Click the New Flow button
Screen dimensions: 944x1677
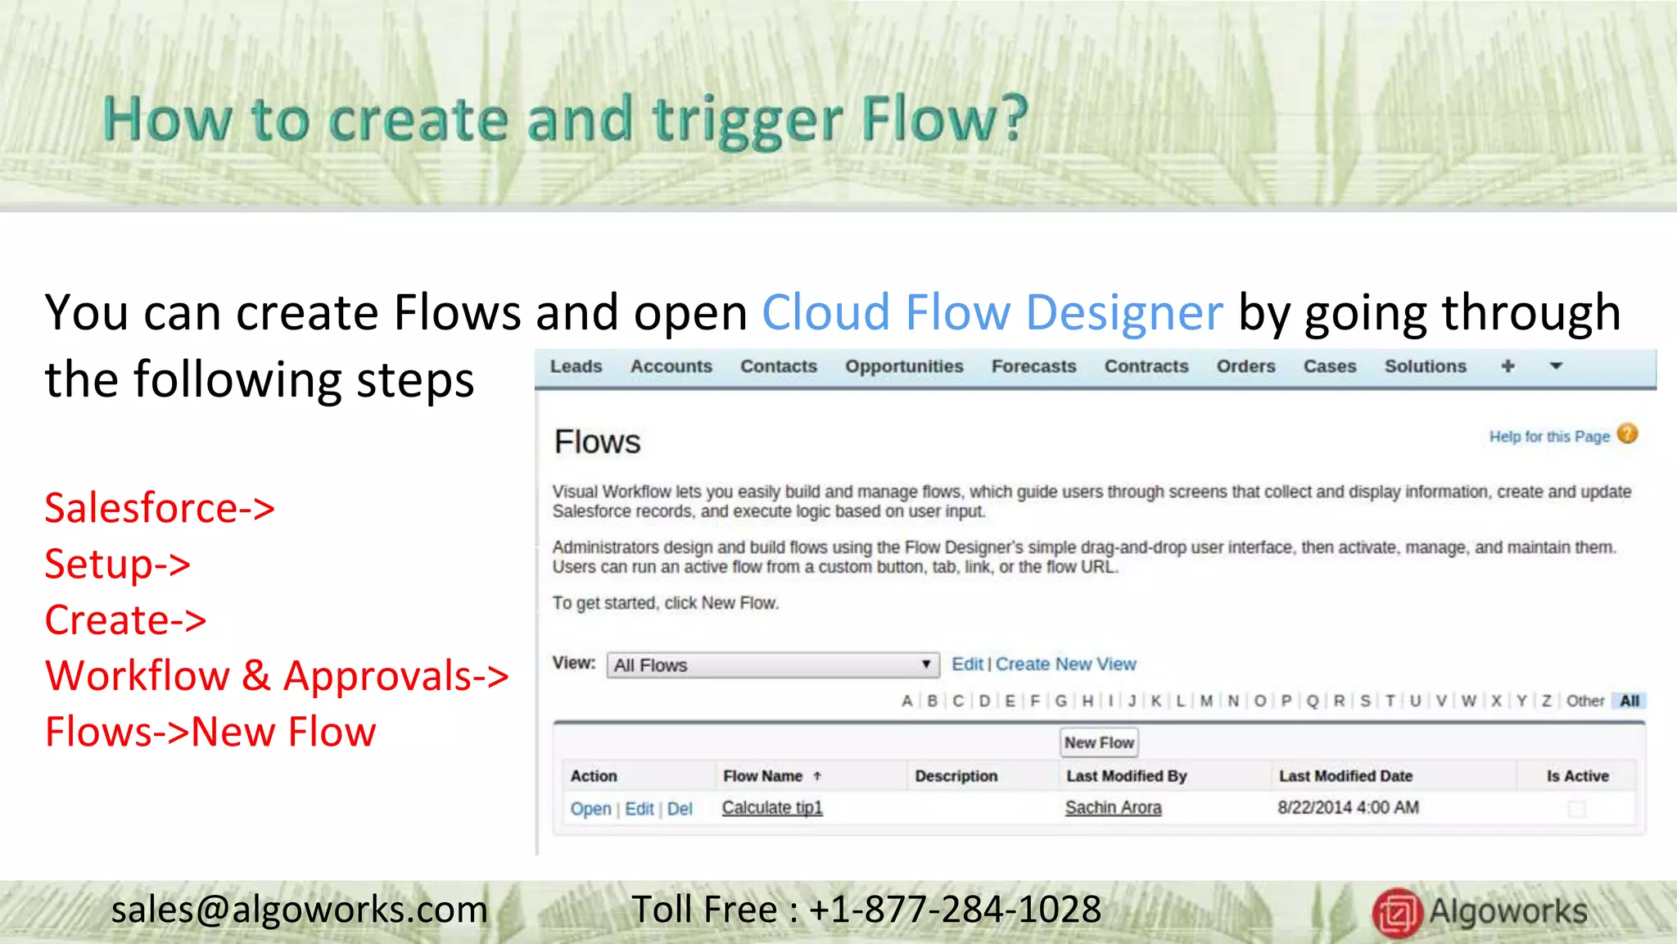point(1099,742)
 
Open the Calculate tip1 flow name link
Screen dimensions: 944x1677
point(771,808)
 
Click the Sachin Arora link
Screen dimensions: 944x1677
point(1113,808)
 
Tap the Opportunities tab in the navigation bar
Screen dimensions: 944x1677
point(904,366)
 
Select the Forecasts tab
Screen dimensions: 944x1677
point(1033,366)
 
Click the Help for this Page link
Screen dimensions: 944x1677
point(1548,437)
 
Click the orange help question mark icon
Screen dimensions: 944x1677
point(1628,433)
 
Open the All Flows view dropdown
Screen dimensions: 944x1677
point(772,665)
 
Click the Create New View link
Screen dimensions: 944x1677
point(1065,664)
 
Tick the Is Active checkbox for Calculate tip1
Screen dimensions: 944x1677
point(1576,810)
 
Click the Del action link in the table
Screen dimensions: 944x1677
point(680,809)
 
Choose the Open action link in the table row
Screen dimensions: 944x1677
point(590,809)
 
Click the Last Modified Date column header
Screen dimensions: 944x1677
point(1345,776)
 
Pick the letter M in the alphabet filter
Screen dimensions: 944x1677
point(1206,701)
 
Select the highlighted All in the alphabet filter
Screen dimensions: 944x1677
point(1630,701)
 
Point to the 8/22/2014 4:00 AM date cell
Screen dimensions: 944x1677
point(1348,808)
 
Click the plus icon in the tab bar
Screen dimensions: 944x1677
point(1507,366)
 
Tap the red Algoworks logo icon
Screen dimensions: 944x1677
point(1396,912)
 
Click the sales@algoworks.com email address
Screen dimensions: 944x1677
point(299,910)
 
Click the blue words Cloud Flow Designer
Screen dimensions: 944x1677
point(992,312)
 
